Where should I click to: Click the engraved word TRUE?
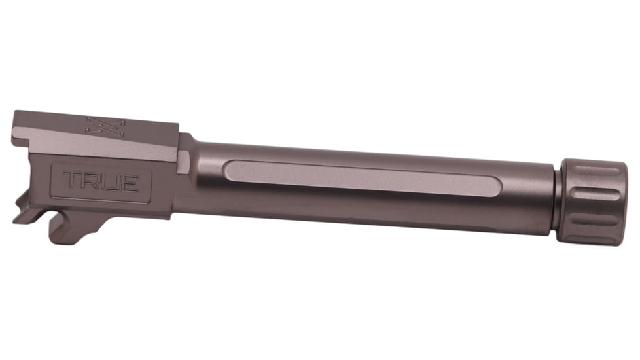pos(101,181)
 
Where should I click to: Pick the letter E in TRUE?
pos(129,182)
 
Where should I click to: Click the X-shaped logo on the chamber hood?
pos(97,126)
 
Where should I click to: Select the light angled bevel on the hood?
pos(98,145)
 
